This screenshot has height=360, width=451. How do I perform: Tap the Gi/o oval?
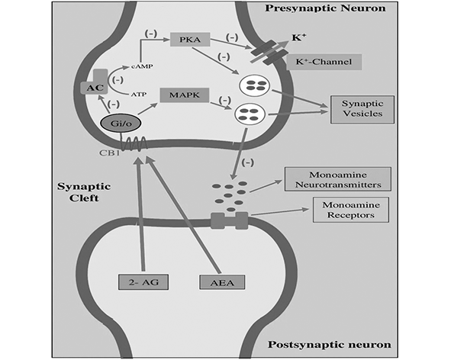click(x=115, y=122)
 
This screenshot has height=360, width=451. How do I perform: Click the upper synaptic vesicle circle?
click(x=249, y=85)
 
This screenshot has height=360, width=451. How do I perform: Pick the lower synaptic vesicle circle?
click(x=246, y=114)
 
